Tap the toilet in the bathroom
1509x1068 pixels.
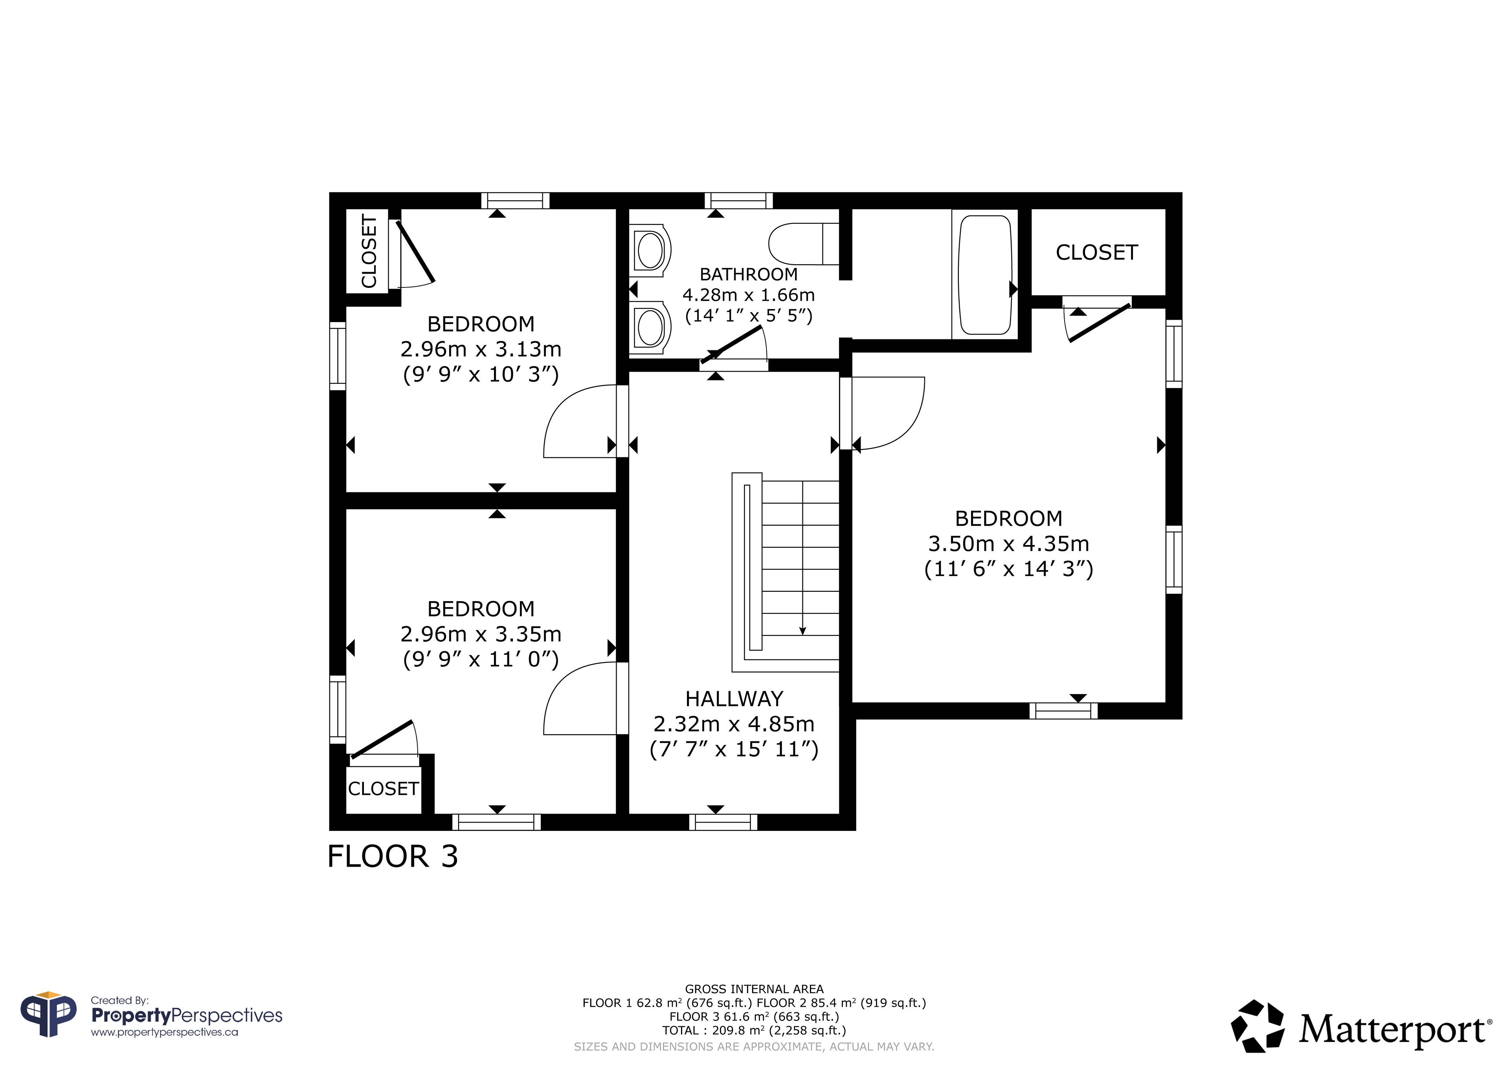tap(804, 243)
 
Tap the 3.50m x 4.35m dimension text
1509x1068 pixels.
tap(1008, 544)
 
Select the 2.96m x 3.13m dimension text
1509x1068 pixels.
tap(481, 349)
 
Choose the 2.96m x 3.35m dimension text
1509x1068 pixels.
tap(481, 634)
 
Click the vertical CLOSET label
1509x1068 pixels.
tap(369, 251)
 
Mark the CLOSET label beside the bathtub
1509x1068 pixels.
tap(1096, 252)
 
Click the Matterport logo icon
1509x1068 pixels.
tap(1257, 1026)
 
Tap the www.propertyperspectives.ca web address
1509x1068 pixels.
tap(164, 1033)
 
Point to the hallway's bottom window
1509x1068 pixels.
tap(723, 822)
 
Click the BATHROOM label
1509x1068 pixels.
tap(749, 274)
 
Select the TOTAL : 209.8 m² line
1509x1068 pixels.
tap(754, 1031)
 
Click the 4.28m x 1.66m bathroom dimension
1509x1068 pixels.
tap(749, 295)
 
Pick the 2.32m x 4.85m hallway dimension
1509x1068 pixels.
tap(734, 724)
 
